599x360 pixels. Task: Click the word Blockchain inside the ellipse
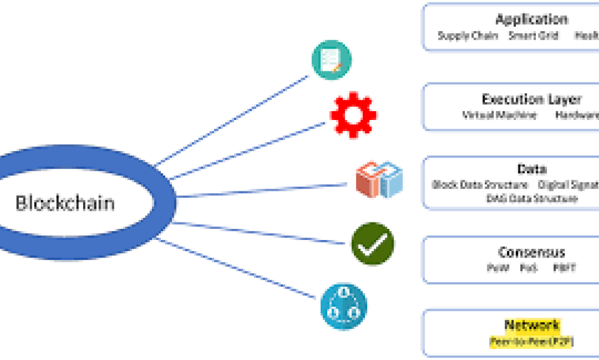coord(65,203)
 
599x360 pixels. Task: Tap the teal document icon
coord(331,60)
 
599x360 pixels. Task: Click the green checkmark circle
coord(373,244)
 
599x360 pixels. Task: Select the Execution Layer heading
coord(531,99)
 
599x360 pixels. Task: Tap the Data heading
coord(531,170)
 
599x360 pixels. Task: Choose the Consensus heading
coord(531,253)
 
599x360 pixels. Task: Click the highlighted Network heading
coord(531,325)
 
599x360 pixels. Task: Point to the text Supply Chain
coord(468,36)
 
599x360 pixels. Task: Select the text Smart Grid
coord(533,36)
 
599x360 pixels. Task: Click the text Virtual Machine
coord(500,115)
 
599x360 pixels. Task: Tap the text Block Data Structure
coord(480,185)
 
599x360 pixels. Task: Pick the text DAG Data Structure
coord(531,198)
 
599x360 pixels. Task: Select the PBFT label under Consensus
coord(564,268)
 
